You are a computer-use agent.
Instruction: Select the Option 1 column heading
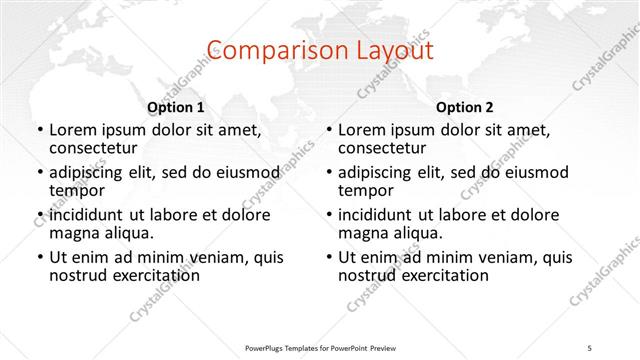click(x=176, y=107)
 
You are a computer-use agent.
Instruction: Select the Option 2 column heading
click(x=465, y=107)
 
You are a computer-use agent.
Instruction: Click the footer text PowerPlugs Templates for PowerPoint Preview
click(x=319, y=347)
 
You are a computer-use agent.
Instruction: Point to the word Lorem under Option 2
click(x=363, y=130)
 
